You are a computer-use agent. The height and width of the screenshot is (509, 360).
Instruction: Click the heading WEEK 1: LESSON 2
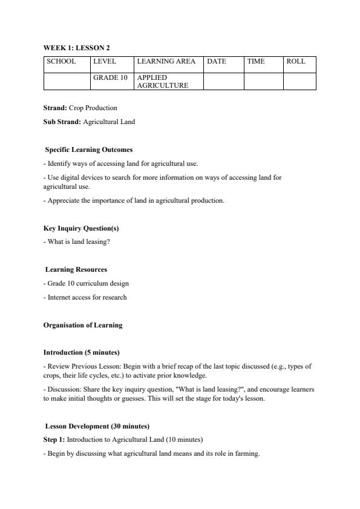click(76, 47)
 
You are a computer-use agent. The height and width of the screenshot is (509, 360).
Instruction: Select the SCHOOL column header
click(61, 62)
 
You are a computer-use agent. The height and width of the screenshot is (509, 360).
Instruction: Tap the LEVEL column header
click(104, 62)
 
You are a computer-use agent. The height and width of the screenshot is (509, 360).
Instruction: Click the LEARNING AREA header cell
click(166, 62)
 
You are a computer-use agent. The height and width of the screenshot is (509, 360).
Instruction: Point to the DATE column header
click(217, 62)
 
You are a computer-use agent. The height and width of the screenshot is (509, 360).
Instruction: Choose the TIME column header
click(256, 62)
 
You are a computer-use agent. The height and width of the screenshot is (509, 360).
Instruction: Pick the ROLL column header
click(296, 62)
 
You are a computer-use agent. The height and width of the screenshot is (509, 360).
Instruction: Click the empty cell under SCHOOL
click(67, 81)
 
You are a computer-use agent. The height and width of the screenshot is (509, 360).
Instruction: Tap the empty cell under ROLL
click(299, 81)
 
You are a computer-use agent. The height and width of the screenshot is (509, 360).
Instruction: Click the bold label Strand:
click(55, 108)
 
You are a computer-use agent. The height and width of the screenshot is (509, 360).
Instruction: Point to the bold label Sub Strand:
click(62, 122)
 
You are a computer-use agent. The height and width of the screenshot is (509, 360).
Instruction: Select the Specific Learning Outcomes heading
click(89, 149)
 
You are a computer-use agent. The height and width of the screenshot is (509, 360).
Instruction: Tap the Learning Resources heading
click(76, 269)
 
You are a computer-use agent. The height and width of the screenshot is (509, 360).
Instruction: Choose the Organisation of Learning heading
click(83, 325)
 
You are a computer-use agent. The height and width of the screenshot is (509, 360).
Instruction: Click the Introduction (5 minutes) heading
click(81, 352)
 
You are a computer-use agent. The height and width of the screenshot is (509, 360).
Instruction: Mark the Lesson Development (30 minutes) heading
click(97, 426)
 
